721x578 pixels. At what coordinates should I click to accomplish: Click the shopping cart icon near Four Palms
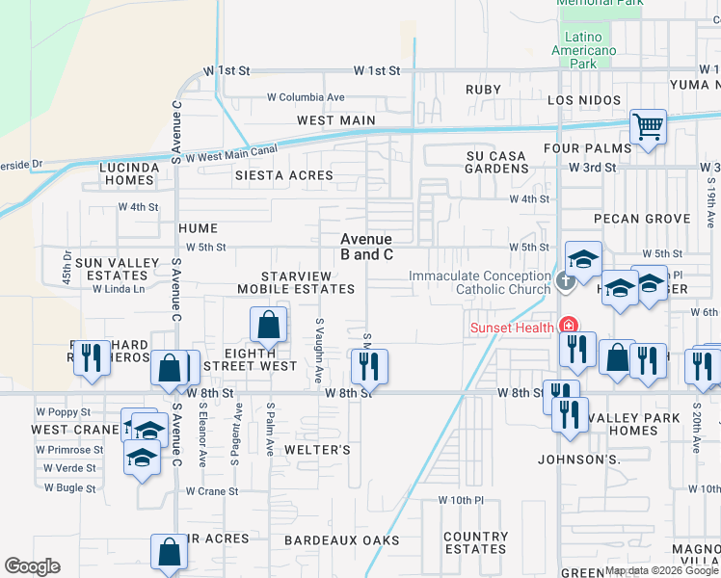[649, 127]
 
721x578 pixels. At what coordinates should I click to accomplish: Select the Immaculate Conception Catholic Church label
[479, 282]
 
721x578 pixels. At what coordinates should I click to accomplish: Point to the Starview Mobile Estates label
[296, 282]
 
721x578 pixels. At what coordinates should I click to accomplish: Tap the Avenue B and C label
[366, 247]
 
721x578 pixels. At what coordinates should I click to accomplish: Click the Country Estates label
[476, 542]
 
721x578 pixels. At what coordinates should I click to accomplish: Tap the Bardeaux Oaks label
[342, 540]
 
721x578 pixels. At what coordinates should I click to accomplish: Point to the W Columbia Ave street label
[306, 97]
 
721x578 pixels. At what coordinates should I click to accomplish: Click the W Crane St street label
[212, 491]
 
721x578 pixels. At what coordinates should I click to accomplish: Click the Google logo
[32, 566]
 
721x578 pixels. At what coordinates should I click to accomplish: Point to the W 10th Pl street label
[467, 500]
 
